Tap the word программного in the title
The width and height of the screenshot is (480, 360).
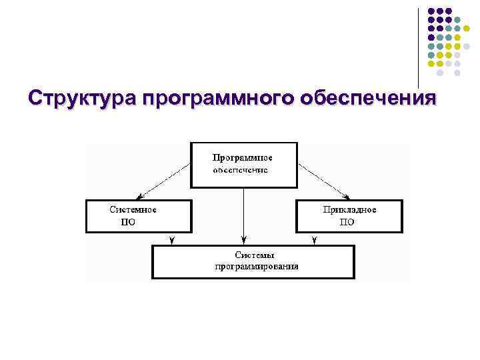point(217,99)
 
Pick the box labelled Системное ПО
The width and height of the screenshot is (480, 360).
point(139,216)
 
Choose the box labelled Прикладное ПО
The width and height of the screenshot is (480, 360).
point(349,216)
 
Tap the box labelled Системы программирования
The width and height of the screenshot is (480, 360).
point(253,261)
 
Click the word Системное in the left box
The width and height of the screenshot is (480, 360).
point(133,209)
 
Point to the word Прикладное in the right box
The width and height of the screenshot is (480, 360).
point(349,209)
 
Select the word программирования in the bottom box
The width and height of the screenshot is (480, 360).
point(257,267)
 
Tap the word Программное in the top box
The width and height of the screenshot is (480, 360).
point(243,158)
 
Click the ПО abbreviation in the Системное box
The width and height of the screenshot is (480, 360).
point(127,223)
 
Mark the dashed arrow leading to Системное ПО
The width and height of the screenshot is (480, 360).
point(163,181)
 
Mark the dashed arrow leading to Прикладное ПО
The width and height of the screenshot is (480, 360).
point(323,181)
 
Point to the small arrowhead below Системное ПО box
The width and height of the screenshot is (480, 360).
point(172,239)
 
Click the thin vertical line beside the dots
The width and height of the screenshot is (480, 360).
point(418,47)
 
